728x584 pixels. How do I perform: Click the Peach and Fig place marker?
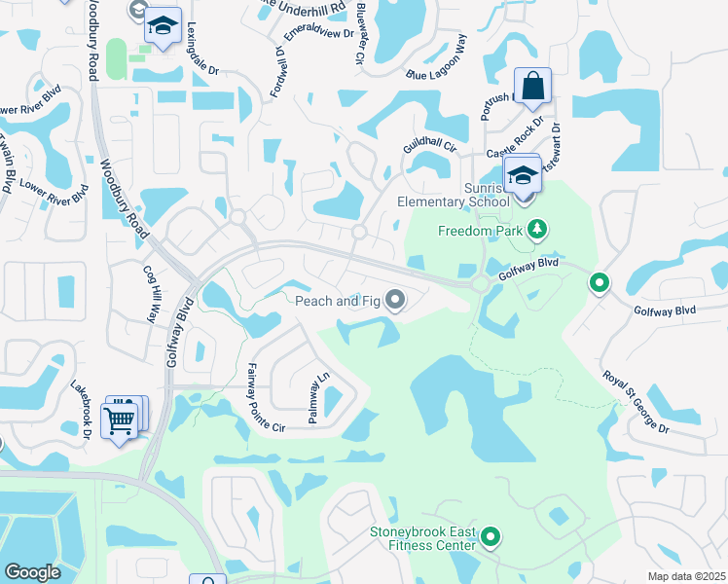click(x=395, y=301)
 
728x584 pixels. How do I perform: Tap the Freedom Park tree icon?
click(x=536, y=231)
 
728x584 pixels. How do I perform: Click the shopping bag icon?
click(x=533, y=87)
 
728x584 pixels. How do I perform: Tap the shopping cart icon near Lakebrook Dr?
click(x=120, y=420)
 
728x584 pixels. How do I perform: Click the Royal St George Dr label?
click(x=636, y=402)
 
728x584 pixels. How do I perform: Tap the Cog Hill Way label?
click(x=150, y=293)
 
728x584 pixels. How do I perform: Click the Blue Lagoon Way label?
click(x=437, y=60)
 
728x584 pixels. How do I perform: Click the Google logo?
click(x=32, y=572)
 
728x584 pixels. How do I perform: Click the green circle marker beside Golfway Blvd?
click(x=600, y=283)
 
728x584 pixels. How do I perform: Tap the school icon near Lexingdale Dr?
click(x=164, y=25)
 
